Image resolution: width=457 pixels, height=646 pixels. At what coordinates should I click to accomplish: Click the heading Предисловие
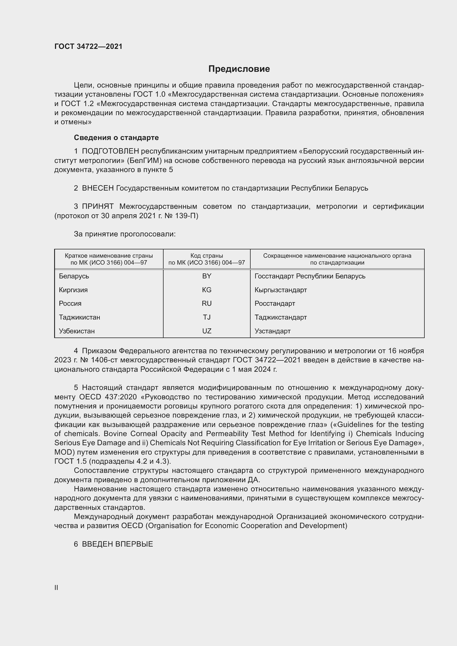[239, 69]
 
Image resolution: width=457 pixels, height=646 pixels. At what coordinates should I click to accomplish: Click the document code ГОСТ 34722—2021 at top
[88, 46]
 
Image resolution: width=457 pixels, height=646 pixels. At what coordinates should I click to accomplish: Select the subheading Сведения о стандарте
[116, 138]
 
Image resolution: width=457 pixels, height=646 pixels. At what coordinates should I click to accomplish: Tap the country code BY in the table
[207, 276]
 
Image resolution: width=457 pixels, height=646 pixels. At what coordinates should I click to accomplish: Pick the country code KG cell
[207, 290]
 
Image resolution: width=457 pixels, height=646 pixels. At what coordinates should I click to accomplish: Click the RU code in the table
[207, 303]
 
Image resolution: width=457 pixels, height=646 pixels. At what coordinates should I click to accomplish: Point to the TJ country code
[207, 317]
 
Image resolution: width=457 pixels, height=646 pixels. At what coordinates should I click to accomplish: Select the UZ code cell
[207, 331]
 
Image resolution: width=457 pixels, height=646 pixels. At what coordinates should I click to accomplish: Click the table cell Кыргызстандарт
[280, 290]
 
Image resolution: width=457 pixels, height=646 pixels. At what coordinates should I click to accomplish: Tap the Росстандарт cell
[275, 303]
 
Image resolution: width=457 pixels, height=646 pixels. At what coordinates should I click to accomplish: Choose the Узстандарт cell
[272, 331]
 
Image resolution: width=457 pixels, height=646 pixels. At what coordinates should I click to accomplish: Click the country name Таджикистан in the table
[79, 317]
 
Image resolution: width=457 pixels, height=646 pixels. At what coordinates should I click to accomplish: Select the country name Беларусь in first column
[74, 276]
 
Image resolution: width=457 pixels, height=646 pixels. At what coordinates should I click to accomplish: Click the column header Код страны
[207, 256]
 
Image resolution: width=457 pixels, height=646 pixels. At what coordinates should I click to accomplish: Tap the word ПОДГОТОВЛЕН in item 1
[110, 151]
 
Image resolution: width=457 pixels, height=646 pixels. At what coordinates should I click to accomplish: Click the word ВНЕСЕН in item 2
[98, 188]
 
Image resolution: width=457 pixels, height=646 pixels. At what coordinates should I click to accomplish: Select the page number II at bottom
[56, 587]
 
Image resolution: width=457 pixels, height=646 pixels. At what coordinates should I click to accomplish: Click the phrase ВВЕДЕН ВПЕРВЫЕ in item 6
[117, 544]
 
